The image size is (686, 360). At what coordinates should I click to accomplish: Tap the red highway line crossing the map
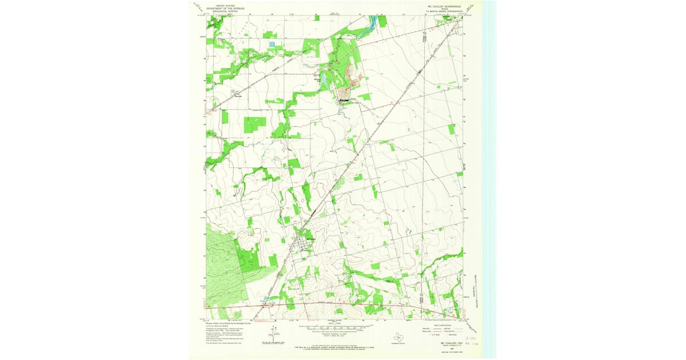click(x=343, y=303)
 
